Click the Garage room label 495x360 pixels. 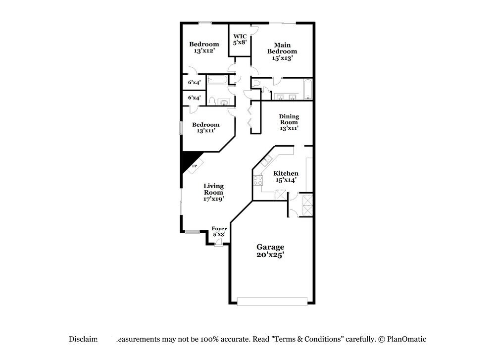tap(270, 251)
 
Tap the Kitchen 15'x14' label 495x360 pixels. tap(286, 177)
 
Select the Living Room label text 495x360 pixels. tap(213, 192)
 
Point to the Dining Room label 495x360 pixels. tap(289, 122)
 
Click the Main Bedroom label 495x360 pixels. tap(282, 51)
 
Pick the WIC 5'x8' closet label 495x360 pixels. tap(240, 39)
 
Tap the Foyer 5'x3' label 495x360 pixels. tap(219, 231)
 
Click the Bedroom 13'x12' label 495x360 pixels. tap(204, 47)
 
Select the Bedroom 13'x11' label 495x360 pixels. tap(205, 128)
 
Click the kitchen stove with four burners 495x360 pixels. tap(258, 181)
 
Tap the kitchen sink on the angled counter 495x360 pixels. tap(266, 160)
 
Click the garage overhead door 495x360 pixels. tap(272, 301)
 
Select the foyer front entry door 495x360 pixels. tap(218, 243)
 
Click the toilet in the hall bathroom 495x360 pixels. tap(211, 102)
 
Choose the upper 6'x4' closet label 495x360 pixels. tap(194, 83)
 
